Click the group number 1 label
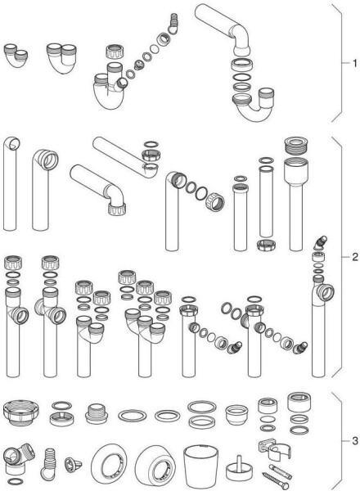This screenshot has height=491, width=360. point(354,64)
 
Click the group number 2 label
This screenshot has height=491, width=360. point(354,257)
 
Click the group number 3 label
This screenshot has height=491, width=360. point(354,441)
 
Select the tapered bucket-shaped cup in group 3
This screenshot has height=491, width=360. point(200,466)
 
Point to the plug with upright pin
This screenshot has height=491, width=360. point(239,468)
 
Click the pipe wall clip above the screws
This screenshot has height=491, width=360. point(275,449)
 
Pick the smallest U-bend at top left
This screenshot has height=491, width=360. point(16,55)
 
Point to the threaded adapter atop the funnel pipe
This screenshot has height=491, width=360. point(296,146)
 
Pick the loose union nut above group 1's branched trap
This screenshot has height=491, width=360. point(115,52)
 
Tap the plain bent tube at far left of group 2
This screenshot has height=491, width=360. point(11,184)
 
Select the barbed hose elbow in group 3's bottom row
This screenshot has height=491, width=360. point(48,463)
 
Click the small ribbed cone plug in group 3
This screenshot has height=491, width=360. point(73,464)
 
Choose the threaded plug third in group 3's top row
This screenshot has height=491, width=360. point(97,413)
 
